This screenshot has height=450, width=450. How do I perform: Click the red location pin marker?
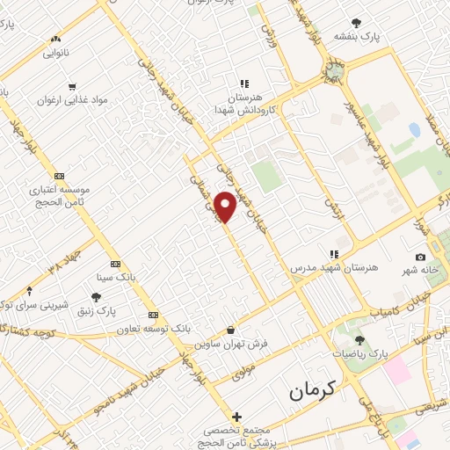tap(226, 207)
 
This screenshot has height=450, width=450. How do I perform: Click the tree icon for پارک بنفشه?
tap(355, 22)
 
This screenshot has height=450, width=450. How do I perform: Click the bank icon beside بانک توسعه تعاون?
tap(153, 315)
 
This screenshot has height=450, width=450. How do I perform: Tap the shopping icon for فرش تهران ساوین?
tap(230, 330)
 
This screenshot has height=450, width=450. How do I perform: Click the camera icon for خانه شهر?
tap(420, 257)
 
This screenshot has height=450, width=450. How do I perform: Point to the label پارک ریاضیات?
tap(366, 352)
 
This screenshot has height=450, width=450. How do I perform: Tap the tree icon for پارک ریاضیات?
tap(358, 338)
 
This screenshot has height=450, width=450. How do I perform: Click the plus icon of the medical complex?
tap(236, 416)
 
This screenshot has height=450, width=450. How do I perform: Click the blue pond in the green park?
tap(414, 130)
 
